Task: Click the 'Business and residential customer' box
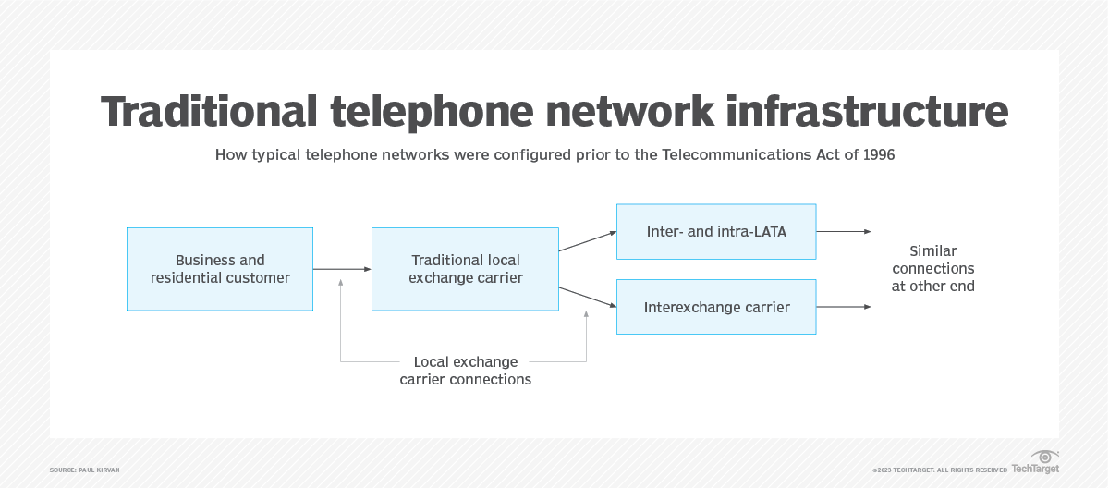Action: point(220,269)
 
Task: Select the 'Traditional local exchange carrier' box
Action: point(465,269)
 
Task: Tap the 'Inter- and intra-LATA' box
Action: point(716,231)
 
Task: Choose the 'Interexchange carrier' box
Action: point(716,307)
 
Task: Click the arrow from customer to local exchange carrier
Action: point(342,269)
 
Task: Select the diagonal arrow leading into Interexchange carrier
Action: point(588,297)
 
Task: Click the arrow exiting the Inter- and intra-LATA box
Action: point(843,231)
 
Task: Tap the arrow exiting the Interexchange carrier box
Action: point(843,307)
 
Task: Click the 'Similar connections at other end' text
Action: point(933,268)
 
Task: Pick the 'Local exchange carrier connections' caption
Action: point(465,371)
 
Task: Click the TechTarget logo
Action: point(1035,462)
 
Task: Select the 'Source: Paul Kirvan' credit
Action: point(85,470)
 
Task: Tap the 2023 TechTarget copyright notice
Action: point(939,470)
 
